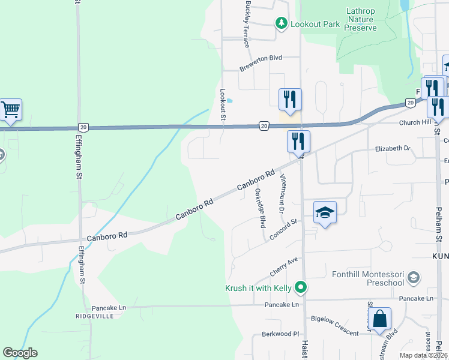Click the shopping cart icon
coord(11,110)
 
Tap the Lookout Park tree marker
coord(281,23)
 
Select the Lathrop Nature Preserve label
coord(361,19)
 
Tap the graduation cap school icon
coord(325,212)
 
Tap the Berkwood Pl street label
coord(280,334)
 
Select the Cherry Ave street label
coord(284,267)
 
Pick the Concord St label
coord(284,230)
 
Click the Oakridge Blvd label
coord(260,208)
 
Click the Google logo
coord(20,353)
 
